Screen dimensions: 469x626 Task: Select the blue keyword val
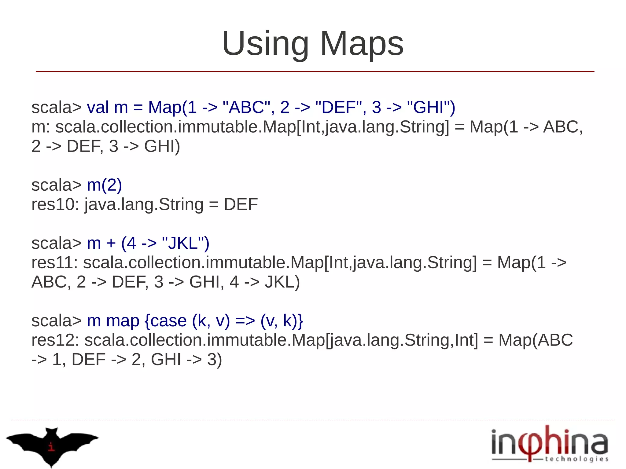pos(98,108)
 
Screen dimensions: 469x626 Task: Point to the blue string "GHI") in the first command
pos(431,108)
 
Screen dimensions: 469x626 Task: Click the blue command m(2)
pos(105,185)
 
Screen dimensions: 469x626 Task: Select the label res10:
pos(55,204)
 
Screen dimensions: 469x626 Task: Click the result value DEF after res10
pos(241,204)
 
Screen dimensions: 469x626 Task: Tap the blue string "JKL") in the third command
pos(186,244)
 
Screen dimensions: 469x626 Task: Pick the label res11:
pos(55,263)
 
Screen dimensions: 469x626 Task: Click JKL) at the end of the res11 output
pos(282,282)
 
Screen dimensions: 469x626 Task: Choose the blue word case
pos(168,321)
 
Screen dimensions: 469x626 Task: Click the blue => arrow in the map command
pos(245,321)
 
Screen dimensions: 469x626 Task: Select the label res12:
pos(55,340)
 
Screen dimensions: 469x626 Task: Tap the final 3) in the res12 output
pos(215,360)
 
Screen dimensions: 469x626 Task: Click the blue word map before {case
pos(123,321)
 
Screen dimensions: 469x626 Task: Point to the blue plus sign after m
pos(111,244)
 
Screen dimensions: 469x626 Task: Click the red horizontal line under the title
pos(315,71)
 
